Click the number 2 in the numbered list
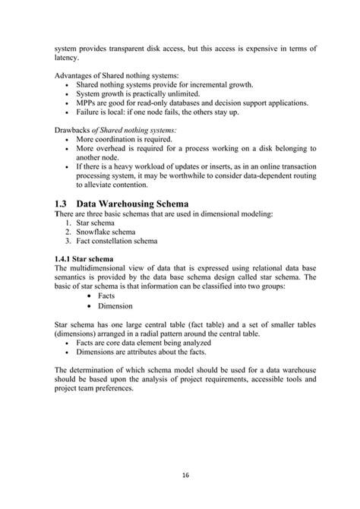click(x=68, y=232)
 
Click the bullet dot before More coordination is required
click(x=70, y=141)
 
